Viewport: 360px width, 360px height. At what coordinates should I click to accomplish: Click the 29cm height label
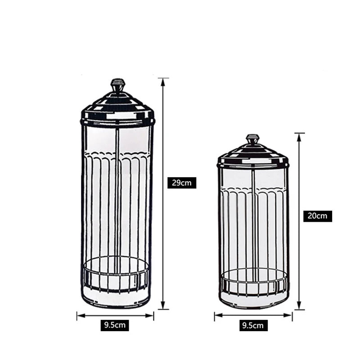[181, 183]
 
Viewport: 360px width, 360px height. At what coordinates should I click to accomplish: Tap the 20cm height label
[317, 216]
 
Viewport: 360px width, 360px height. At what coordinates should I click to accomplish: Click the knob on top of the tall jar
[118, 85]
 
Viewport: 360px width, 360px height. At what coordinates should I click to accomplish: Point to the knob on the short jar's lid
[252, 139]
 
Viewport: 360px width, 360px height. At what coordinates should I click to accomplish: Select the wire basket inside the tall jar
[117, 274]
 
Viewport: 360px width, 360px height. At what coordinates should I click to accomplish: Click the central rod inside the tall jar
[117, 202]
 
